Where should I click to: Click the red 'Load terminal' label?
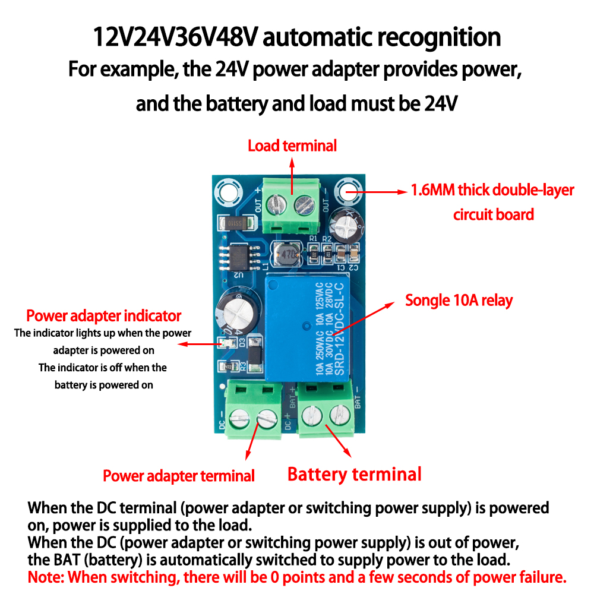pos(292,146)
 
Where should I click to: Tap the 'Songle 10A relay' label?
pos(458,301)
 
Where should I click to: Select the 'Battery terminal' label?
pos(355,474)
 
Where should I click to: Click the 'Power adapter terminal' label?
pos(179,476)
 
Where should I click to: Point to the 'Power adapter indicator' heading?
pos(104,315)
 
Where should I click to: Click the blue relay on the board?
pos(306,326)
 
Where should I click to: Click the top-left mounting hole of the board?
pos(227,191)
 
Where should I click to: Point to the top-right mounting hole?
pos(348,191)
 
